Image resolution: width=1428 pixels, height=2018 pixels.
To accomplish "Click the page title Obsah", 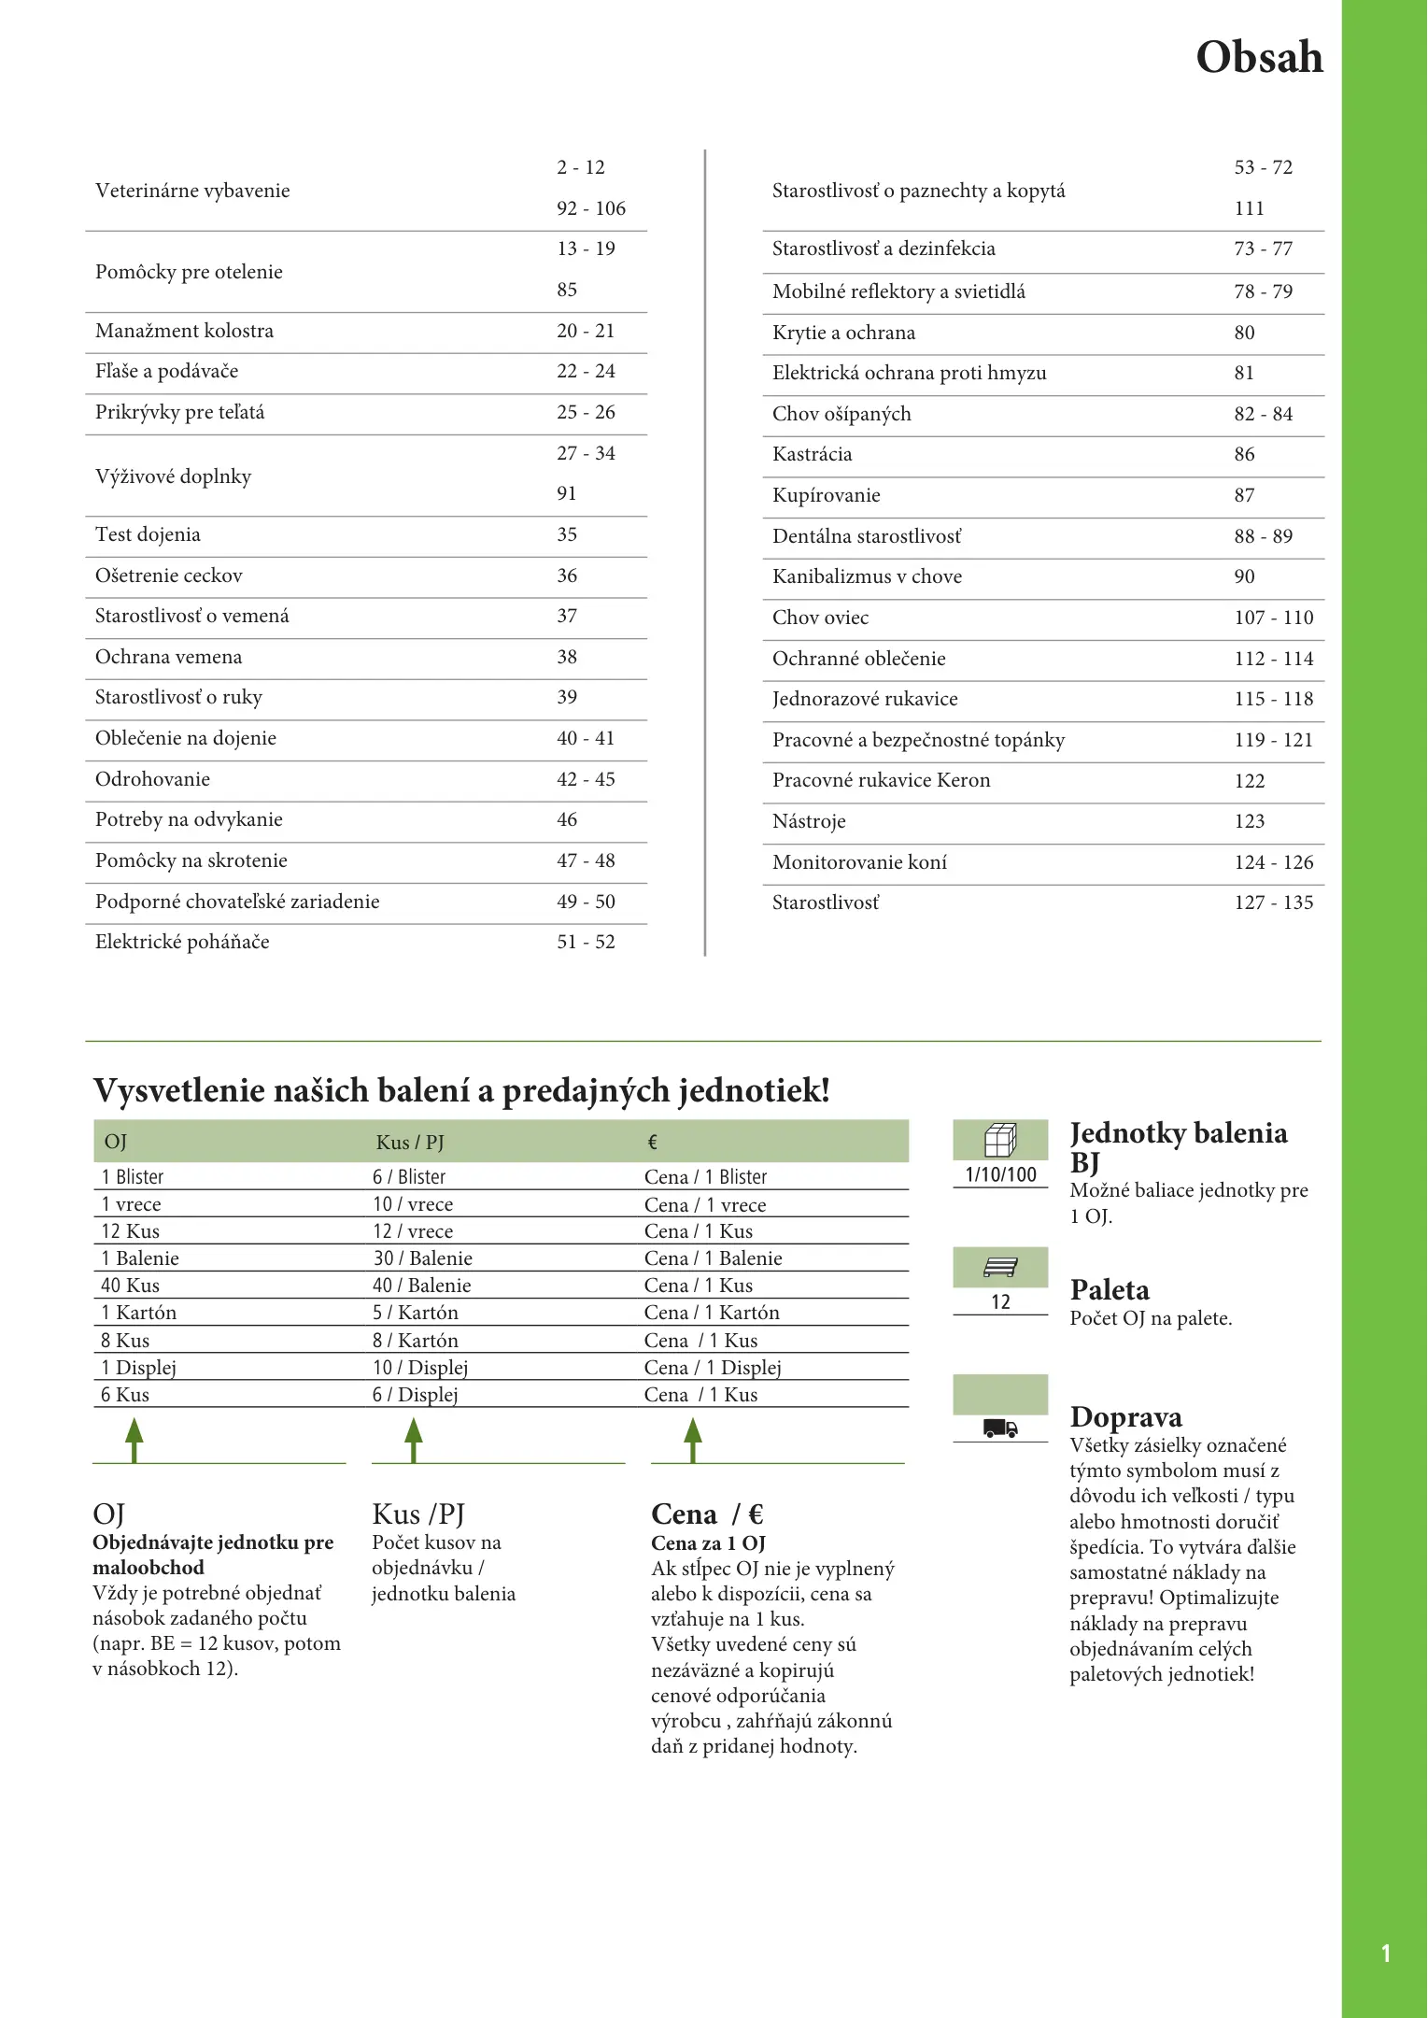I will tap(1259, 58).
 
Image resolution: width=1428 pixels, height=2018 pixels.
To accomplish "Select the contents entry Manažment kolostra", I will tap(184, 331).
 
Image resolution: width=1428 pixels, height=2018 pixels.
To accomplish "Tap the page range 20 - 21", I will tap(586, 331).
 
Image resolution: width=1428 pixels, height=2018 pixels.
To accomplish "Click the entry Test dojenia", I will tap(148, 534).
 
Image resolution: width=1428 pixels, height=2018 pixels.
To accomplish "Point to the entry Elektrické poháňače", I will tap(182, 942).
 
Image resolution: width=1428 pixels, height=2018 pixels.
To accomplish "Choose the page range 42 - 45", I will tap(586, 779).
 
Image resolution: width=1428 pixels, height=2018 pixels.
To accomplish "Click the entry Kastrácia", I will tap(812, 454).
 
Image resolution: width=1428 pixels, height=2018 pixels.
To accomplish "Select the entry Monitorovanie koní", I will tap(859, 862).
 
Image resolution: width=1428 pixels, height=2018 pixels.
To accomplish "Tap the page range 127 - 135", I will tap(1273, 902).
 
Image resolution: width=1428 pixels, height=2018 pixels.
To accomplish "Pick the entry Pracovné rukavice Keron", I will tap(881, 780).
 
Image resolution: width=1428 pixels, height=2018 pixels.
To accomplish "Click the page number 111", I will tap(1249, 208).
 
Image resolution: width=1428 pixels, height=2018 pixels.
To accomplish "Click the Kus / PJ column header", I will tap(410, 1143).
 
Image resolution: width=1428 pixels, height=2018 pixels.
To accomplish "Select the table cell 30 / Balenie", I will tap(422, 1258).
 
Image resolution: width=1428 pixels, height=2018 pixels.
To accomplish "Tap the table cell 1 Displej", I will tap(138, 1368).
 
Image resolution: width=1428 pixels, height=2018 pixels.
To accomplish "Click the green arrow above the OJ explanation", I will tap(134, 1439).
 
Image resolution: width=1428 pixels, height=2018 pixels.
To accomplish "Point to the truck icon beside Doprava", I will tap(1000, 1428).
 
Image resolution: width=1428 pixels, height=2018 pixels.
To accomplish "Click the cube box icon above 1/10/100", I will tap(1000, 1140).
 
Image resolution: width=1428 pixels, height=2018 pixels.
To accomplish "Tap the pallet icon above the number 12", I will tap(1000, 1268).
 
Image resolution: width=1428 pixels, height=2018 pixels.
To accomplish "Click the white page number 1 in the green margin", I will tap(1386, 1954).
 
